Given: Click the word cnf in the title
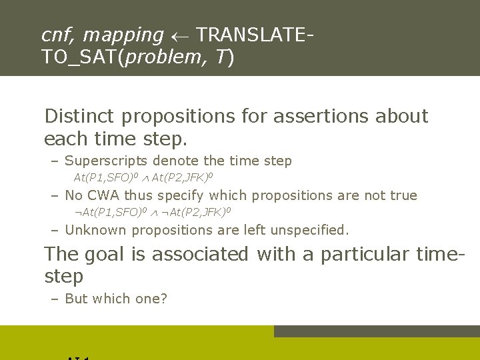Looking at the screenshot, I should tap(55, 35).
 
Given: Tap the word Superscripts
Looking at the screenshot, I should tap(108, 161).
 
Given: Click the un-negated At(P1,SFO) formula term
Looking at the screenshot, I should tap(105, 177).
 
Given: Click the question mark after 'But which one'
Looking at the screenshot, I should tap(164, 299).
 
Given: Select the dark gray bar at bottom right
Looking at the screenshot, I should tap(377, 331).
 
